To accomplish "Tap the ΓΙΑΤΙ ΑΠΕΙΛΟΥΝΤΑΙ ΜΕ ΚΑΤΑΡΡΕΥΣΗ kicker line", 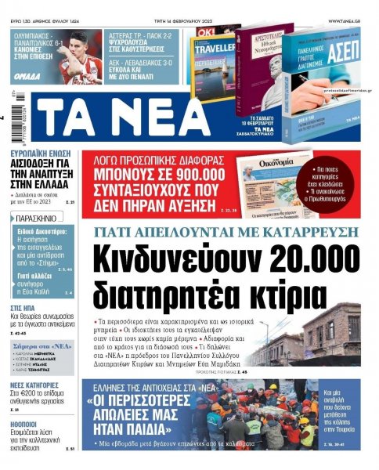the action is click(x=224, y=231).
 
